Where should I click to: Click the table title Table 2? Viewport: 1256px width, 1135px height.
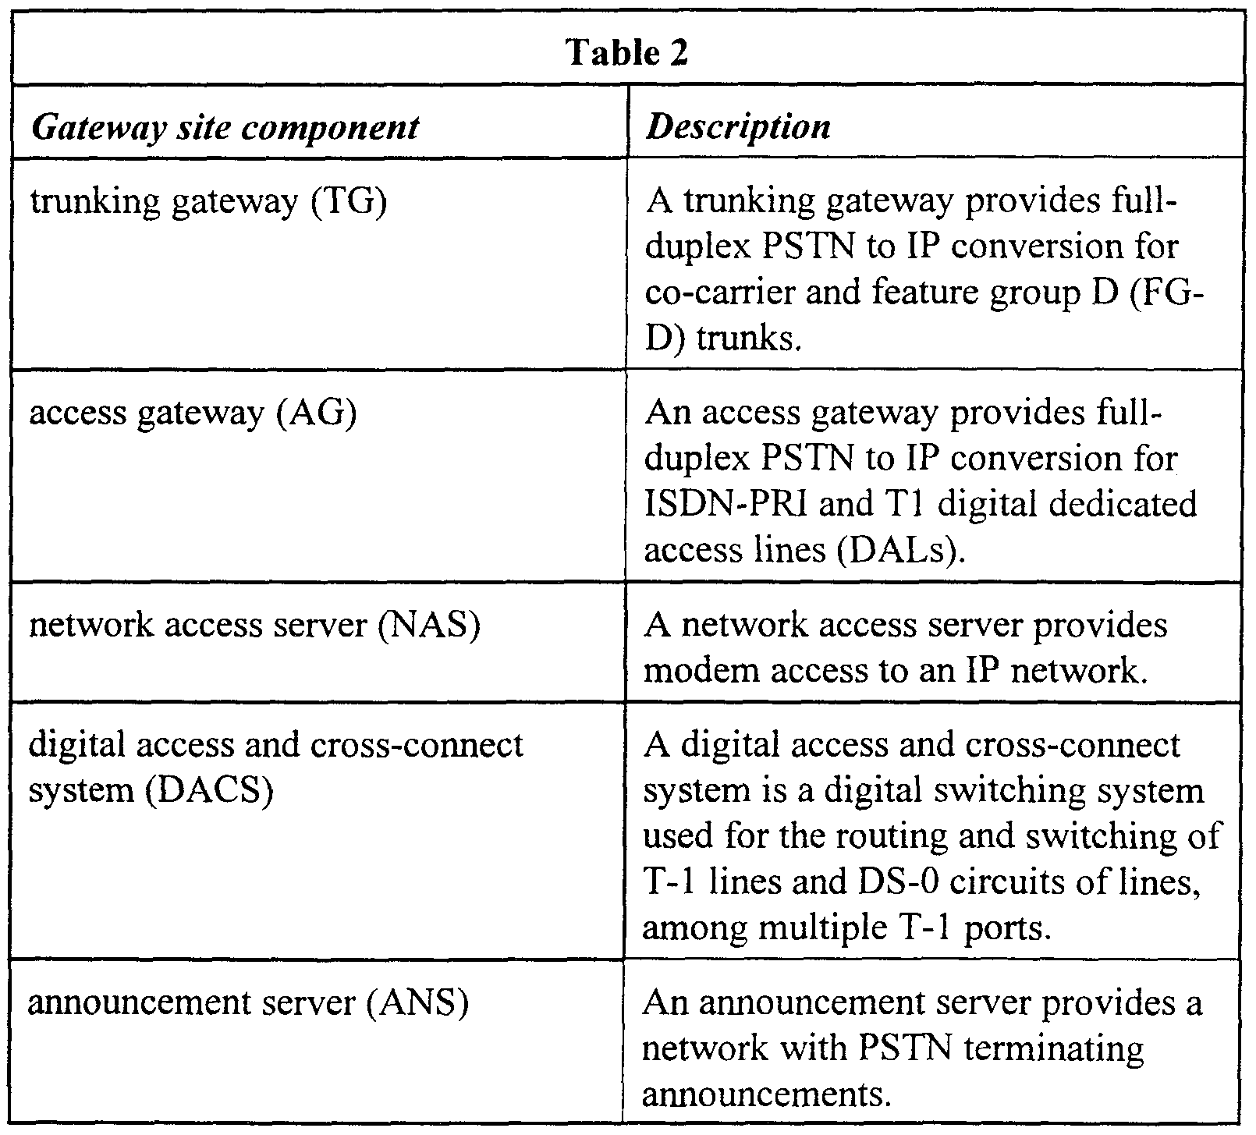[627, 52]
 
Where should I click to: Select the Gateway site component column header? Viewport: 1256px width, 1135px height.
[225, 126]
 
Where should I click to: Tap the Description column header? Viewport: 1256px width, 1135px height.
[738, 126]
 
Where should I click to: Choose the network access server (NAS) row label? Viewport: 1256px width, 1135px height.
[254, 626]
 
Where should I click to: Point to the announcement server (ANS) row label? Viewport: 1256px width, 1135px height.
[248, 1003]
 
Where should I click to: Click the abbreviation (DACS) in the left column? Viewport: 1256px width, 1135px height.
[209, 791]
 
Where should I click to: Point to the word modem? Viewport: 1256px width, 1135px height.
[694, 672]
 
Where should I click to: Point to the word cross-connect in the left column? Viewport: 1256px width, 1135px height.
[417, 746]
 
